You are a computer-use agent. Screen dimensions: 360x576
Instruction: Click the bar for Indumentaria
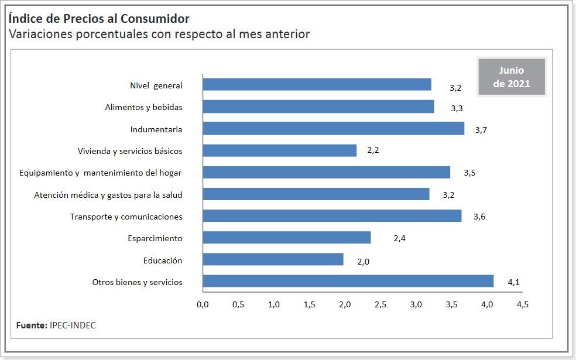click(x=333, y=128)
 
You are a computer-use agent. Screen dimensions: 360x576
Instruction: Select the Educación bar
click(x=273, y=259)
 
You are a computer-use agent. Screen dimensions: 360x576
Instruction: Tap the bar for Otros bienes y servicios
click(x=348, y=281)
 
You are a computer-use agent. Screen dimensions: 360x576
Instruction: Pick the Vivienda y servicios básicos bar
click(x=279, y=150)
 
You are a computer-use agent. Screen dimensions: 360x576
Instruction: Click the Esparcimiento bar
click(x=286, y=238)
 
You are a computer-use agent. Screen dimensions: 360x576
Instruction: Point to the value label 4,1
click(x=513, y=283)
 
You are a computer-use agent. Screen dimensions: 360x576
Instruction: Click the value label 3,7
click(x=481, y=130)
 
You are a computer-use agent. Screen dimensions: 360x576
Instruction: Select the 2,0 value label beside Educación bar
click(x=363, y=262)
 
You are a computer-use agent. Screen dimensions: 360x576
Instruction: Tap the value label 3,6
click(x=479, y=217)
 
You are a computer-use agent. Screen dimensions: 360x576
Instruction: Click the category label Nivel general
click(x=156, y=85)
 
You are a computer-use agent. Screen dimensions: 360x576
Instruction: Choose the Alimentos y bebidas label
click(x=143, y=107)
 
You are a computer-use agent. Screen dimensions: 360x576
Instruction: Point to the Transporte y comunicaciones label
click(x=126, y=217)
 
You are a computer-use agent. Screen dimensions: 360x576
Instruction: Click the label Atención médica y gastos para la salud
click(x=108, y=194)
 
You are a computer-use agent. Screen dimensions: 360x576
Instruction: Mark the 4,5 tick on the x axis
click(x=522, y=305)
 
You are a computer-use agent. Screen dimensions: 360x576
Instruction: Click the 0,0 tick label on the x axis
click(x=203, y=305)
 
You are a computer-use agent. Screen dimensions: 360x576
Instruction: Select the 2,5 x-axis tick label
click(x=380, y=305)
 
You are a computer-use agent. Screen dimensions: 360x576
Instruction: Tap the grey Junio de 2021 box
click(x=512, y=77)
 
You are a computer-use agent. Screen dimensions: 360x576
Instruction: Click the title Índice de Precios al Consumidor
click(x=99, y=19)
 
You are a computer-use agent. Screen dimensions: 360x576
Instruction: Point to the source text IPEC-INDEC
click(x=73, y=325)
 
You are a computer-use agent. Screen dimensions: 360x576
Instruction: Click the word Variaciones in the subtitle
click(x=40, y=34)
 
